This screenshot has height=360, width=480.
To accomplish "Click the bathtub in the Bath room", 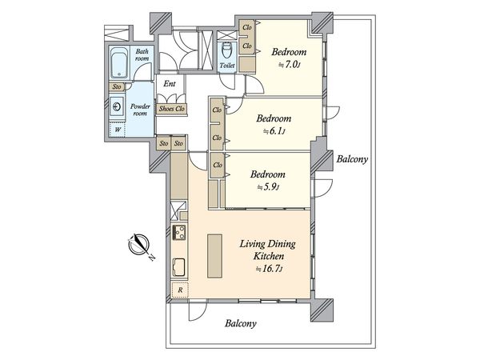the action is (118, 62).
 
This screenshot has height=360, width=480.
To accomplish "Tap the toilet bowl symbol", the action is (227, 50).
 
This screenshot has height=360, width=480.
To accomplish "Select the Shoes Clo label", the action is (172, 109).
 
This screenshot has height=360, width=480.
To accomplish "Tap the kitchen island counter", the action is (214, 256).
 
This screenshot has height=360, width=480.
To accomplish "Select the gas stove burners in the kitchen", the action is (179, 232).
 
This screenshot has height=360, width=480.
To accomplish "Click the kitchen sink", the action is (179, 266).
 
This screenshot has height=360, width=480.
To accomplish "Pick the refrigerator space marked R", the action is (180, 290).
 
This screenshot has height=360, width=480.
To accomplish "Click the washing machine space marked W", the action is (118, 130).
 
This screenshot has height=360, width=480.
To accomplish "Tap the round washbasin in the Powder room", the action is (117, 107).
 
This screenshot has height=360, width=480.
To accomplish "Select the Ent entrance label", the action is (170, 83).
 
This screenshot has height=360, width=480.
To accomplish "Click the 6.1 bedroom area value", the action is (274, 131).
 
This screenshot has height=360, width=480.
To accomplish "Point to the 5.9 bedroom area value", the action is (268, 187).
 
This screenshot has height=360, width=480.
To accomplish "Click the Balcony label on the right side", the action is (352, 159).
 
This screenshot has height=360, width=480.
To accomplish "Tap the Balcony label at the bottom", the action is (241, 323).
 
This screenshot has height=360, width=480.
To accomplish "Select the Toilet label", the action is (227, 66).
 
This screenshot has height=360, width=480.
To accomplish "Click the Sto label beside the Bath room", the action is (117, 86).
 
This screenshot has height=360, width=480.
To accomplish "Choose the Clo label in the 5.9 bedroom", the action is (218, 165).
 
